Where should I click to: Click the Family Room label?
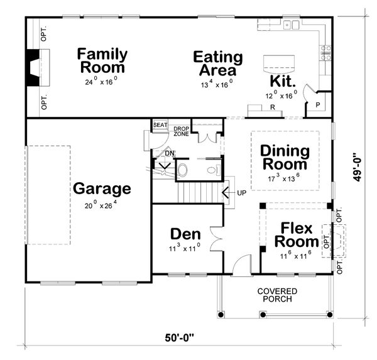pos(102,61)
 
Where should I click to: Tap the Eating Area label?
pos(217,63)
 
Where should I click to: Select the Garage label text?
pos(102,188)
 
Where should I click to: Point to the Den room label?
pos(185,234)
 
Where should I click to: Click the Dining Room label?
pos(285,158)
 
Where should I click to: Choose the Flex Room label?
pos(297,234)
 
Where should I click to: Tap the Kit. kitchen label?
pos(283,82)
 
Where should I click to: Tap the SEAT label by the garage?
pos(160,125)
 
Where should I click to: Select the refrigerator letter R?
pos(272,107)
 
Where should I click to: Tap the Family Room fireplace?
pos(31,67)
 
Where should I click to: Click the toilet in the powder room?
pos(183,169)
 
